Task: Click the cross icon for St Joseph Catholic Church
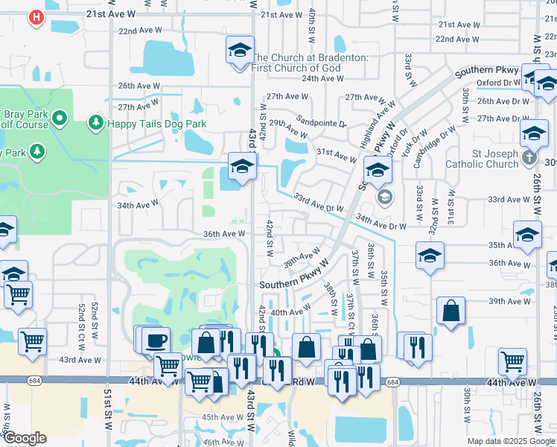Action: tap(529, 157)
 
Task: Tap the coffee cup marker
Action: tap(156, 340)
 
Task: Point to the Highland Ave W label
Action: tap(375, 118)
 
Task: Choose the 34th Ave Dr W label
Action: tap(381, 222)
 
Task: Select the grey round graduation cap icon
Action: tap(384, 197)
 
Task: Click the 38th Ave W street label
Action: tap(302, 258)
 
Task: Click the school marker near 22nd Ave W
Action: tap(239, 51)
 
